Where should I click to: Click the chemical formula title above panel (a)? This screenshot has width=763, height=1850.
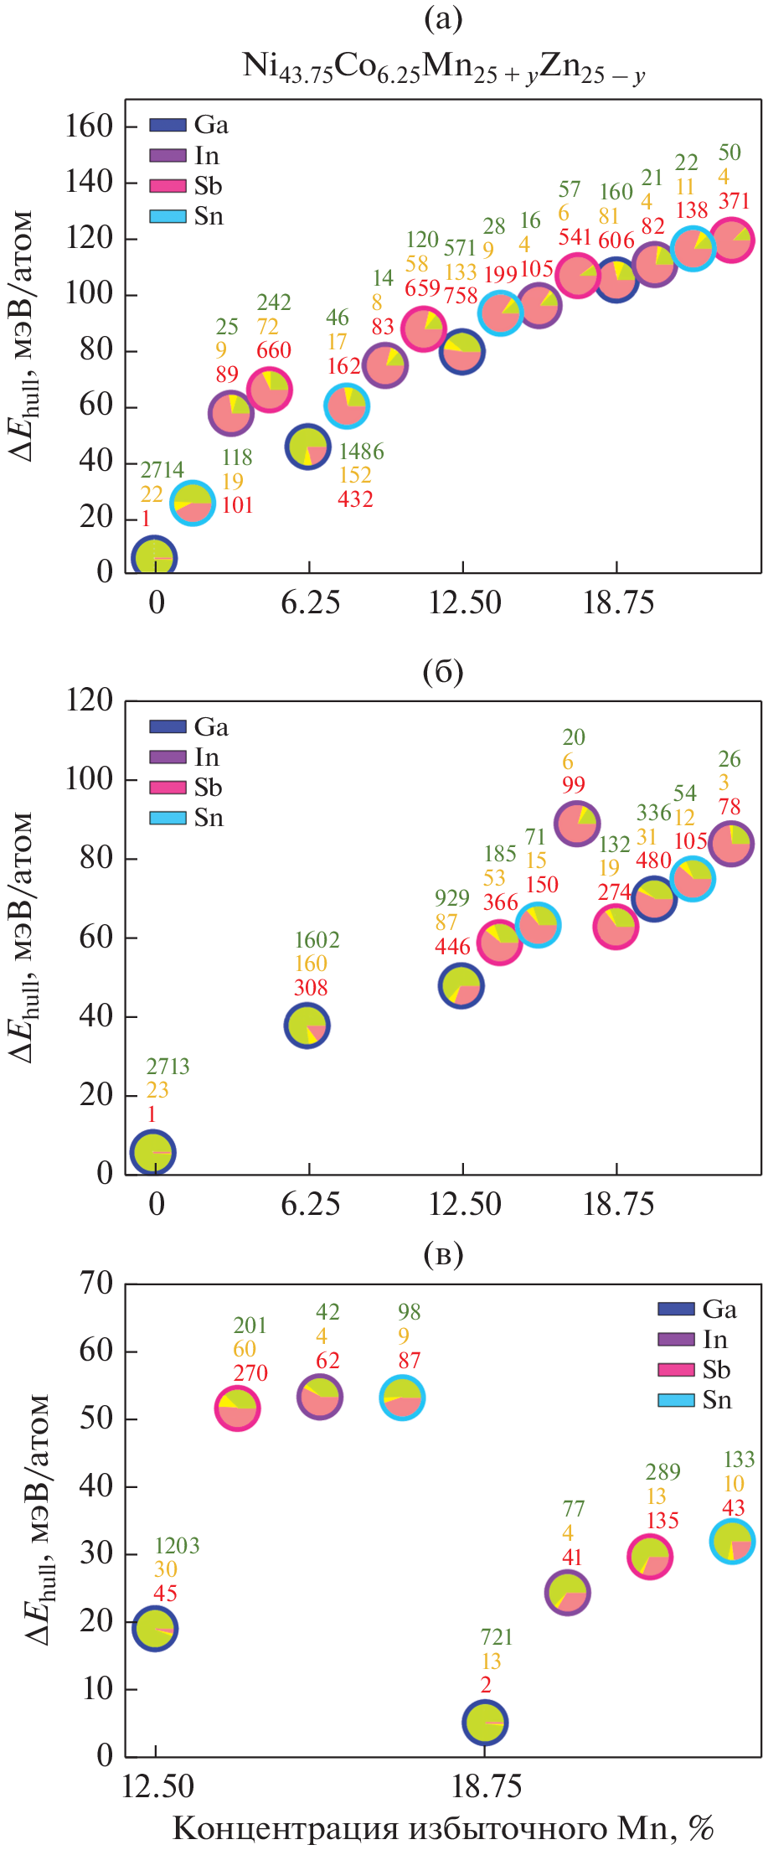point(444,67)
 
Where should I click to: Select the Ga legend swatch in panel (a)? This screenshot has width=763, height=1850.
point(168,126)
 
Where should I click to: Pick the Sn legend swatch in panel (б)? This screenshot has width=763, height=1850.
point(168,818)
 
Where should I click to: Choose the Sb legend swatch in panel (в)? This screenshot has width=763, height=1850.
point(676,1370)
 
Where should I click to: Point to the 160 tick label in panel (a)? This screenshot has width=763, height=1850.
point(89,127)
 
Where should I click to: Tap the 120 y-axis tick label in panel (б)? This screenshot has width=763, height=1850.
point(89,700)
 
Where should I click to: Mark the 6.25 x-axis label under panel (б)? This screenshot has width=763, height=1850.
point(310,1205)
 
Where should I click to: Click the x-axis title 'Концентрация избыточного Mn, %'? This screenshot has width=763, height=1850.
point(443,1829)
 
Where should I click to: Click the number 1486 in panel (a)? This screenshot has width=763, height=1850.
point(361,452)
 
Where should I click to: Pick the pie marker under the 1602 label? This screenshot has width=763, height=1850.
point(307,1026)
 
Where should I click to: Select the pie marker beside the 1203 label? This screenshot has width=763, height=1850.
point(155,1629)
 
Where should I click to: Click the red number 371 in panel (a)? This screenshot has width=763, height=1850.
point(734,201)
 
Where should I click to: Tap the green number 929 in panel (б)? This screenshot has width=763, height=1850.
point(451,898)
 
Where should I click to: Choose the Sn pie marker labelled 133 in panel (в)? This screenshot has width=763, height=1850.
point(733,1542)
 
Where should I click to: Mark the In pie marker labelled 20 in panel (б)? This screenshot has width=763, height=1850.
point(577,824)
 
